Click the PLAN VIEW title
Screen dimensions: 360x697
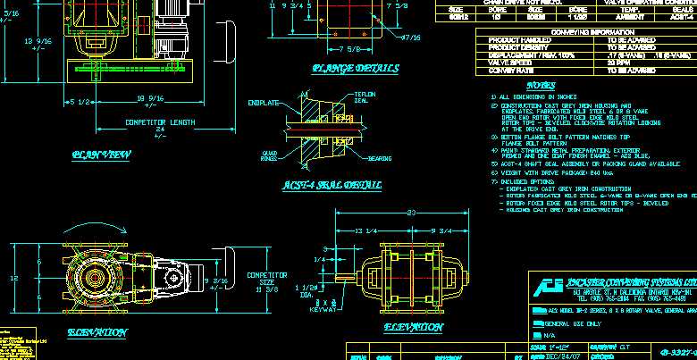(102, 155)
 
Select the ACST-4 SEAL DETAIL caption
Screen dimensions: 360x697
(332, 185)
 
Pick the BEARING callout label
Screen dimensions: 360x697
(380, 159)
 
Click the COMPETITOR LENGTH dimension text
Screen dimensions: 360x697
(160, 122)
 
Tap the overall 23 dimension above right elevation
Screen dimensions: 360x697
(410, 213)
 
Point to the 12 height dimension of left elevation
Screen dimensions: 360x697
(15, 278)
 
